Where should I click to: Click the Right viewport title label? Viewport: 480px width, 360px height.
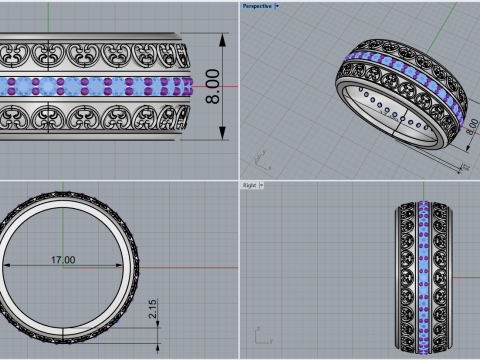point(250,185)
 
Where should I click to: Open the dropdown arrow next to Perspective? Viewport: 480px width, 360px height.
point(277,5)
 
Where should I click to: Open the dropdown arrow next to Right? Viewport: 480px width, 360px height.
point(263,185)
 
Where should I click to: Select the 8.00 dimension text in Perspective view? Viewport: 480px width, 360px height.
point(469,131)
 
